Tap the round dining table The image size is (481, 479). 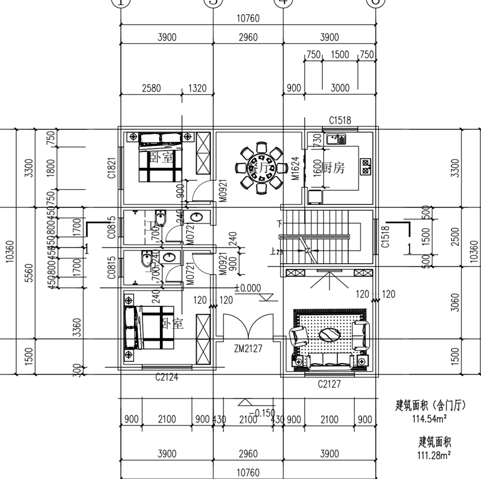tap(261, 167)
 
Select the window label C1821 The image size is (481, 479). tap(112, 170)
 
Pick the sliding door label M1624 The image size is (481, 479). tap(296, 169)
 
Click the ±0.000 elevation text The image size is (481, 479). tap(248, 288)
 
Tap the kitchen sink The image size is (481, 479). tap(335, 139)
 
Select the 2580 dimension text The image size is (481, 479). tap(151, 88)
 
